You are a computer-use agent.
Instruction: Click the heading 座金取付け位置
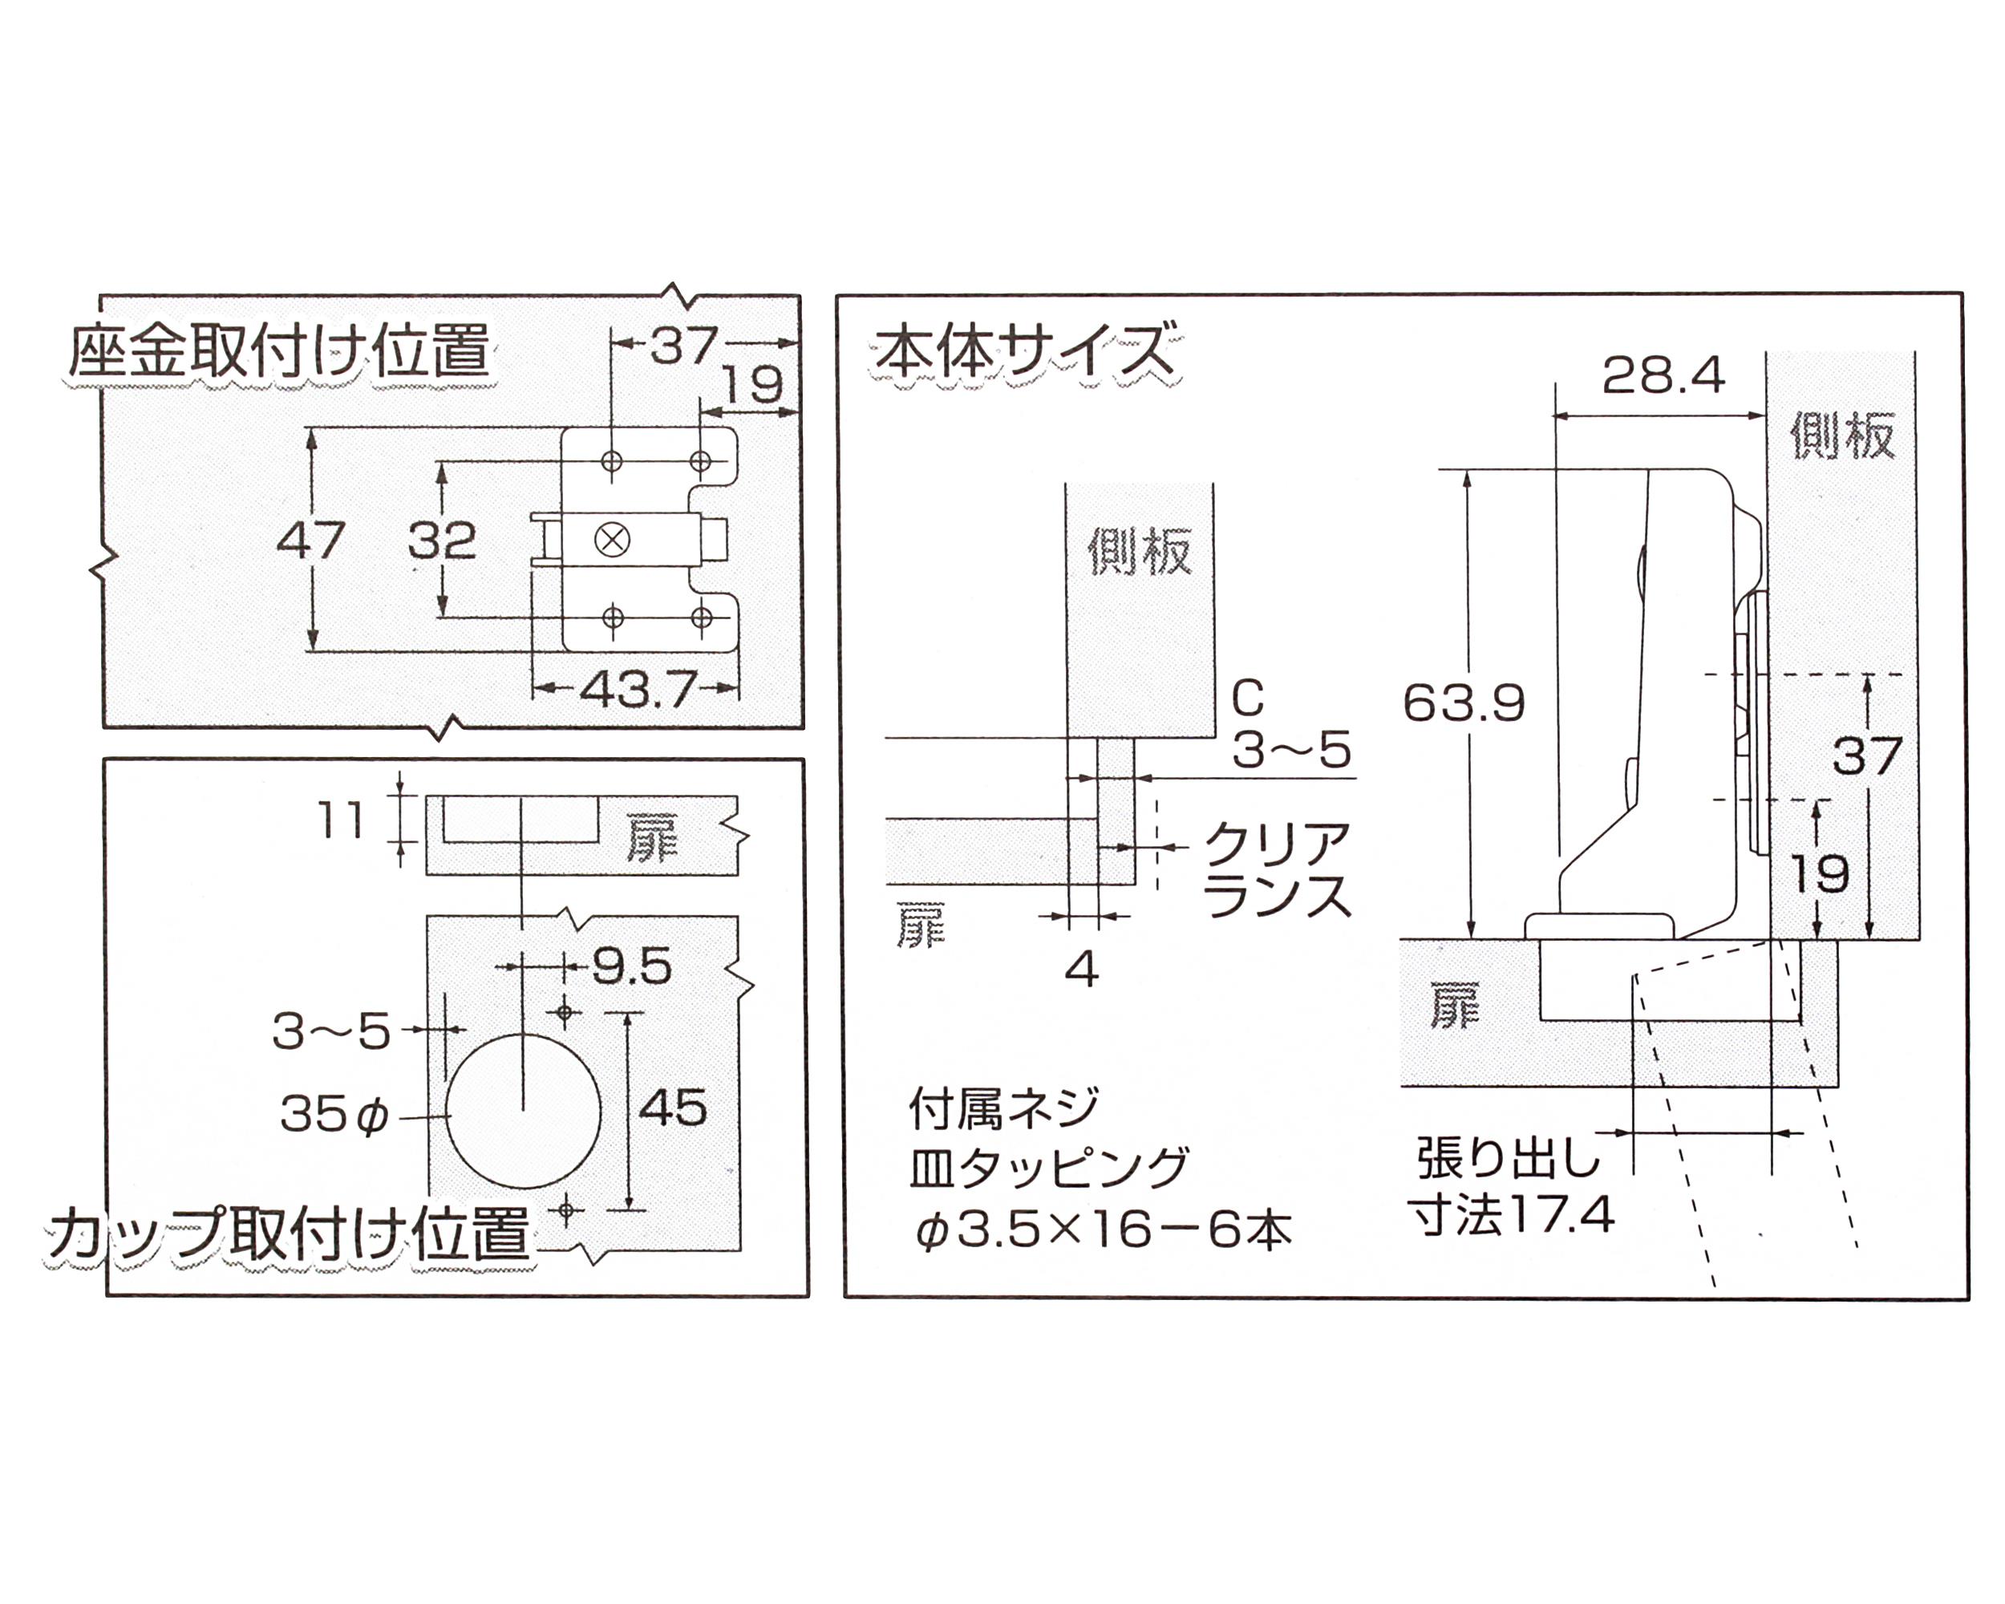pyautogui.click(x=279, y=351)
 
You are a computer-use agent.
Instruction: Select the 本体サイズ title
pyautogui.click(x=1023, y=351)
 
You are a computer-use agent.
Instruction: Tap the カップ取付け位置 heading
pyautogui.click(x=288, y=1234)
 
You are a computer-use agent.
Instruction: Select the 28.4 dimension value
pyautogui.click(x=1663, y=375)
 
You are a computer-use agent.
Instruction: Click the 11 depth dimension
pyautogui.click(x=340, y=820)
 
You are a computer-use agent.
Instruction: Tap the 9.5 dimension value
pyautogui.click(x=632, y=968)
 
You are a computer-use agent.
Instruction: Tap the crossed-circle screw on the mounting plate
pyautogui.click(x=612, y=539)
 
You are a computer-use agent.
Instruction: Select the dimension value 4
pyautogui.click(x=1082, y=970)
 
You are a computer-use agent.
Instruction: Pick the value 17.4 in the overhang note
pyautogui.click(x=1561, y=1214)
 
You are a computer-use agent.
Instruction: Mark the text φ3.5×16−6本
pyautogui.click(x=1103, y=1231)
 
